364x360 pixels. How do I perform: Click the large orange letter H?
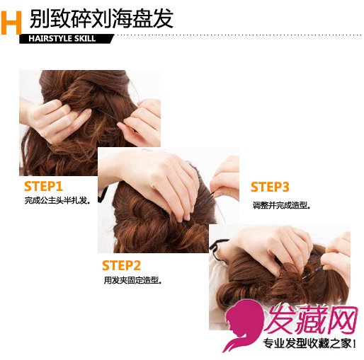click(11, 23)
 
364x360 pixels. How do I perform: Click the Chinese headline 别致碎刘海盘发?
click(101, 19)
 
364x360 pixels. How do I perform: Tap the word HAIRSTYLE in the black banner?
click(50, 39)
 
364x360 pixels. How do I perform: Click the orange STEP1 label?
click(43, 187)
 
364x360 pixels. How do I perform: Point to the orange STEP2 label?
click(121, 265)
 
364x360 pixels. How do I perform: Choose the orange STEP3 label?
click(270, 187)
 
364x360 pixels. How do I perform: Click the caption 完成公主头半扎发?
click(57, 201)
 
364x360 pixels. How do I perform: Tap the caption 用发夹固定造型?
click(132, 280)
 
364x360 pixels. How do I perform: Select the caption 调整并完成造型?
click(281, 205)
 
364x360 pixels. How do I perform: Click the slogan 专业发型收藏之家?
click(309, 344)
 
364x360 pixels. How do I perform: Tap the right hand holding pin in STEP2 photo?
click(225, 179)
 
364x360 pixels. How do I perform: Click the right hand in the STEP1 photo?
click(142, 122)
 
